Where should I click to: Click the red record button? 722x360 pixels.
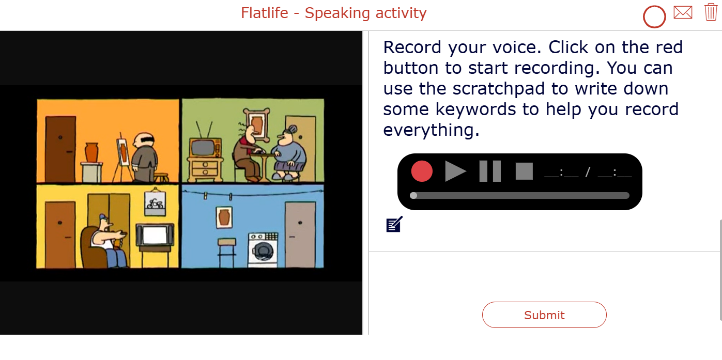422,171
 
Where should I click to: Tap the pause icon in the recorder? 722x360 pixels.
490,171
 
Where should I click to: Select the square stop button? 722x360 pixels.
524,171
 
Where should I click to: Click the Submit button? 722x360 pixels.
544,315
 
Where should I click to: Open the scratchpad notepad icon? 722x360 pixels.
394,224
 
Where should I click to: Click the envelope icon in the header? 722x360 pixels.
683,12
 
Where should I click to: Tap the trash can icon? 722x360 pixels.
711,12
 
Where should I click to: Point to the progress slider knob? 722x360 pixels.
413,195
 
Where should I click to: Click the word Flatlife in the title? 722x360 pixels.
264,13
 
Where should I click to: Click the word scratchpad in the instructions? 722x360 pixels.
499,88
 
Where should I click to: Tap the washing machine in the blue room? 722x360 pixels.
263,250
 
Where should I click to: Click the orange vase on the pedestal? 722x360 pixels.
91,153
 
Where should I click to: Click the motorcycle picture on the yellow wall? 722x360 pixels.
156,203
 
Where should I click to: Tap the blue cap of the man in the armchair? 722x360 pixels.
103,217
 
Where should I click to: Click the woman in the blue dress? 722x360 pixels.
287,153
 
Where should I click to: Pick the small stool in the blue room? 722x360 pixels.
226,253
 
